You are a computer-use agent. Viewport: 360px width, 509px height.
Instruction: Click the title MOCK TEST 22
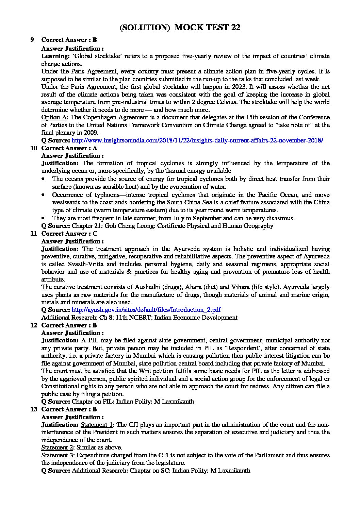point(207,28)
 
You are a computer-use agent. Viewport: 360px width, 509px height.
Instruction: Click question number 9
point(32,40)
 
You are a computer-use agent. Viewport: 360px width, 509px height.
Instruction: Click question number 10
point(33,148)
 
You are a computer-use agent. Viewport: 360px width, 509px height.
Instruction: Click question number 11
point(33,234)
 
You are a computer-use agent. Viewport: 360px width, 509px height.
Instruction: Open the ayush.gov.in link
point(146,310)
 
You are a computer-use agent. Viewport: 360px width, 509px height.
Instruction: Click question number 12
point(33,325)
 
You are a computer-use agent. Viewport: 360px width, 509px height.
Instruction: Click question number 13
point(33,409)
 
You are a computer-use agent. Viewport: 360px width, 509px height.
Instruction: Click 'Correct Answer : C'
point(69,234)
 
